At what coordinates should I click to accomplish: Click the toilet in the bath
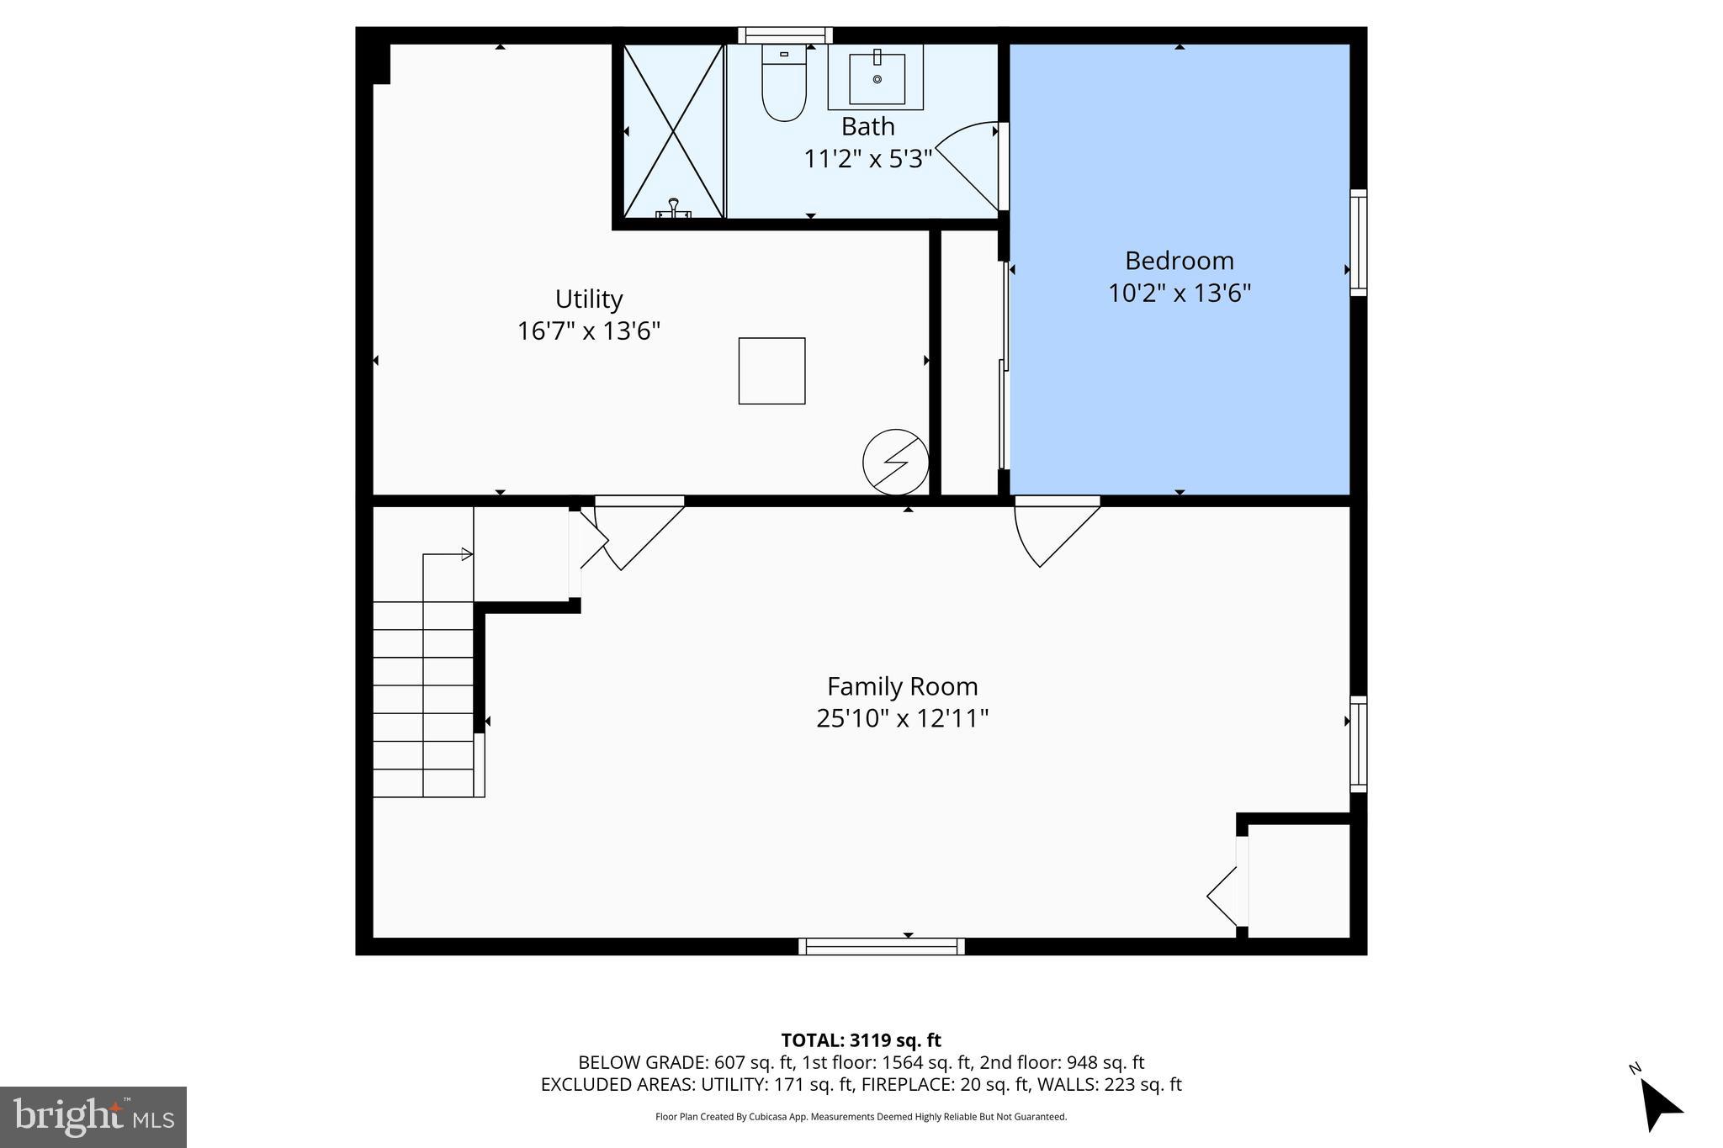784,84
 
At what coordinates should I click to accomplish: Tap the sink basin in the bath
877,78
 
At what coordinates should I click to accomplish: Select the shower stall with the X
673,131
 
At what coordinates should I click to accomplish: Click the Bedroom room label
1179,261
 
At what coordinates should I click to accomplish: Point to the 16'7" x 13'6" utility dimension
588,331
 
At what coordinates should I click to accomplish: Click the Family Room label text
902,687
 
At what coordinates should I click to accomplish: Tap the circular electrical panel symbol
895,462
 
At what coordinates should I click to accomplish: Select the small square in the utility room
771,371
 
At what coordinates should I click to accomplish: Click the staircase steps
423,698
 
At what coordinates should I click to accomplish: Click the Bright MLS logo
93,1117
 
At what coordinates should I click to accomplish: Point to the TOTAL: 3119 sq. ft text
861,1040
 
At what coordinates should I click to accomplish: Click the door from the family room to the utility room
639,534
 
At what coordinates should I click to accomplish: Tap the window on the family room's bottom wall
881,946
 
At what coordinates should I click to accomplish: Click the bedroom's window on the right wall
1358,243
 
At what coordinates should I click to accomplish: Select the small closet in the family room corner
1298,879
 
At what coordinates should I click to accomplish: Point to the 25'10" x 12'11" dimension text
902,719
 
